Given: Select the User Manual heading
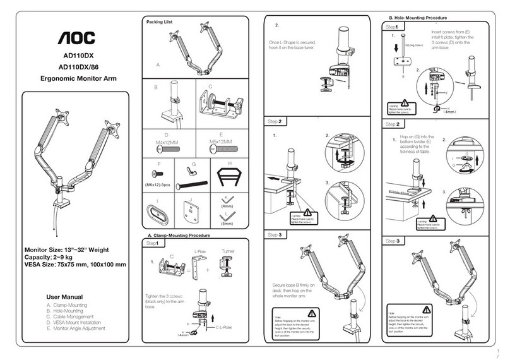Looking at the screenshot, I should (66, 296).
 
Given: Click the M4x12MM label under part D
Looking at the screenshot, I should (167, 142).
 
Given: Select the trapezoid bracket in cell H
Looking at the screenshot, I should (228, 176).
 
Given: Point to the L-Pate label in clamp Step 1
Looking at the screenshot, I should (199, 251).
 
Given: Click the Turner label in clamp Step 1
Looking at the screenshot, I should (228, 251).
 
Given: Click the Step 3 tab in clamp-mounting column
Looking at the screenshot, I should (274, 234).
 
